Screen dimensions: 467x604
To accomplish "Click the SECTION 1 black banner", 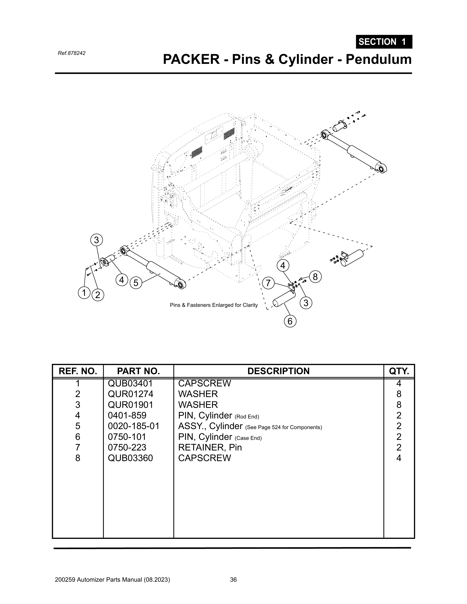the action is (384, 42).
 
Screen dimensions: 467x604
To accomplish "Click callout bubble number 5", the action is (136, 283).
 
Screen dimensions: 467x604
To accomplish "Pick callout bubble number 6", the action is (290, 321).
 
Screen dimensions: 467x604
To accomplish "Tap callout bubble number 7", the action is (268, 283).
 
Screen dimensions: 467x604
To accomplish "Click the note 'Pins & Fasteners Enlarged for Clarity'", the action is (214, 305).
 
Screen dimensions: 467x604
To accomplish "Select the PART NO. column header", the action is (138, 371).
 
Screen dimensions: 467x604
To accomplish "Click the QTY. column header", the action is (399, 371).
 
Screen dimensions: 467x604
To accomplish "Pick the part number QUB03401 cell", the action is (130, 383).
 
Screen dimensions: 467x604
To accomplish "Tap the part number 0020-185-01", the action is (134, 426).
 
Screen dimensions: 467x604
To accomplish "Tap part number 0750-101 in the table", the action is (127, 437).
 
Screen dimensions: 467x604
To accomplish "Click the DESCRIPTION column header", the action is (279, 371).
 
